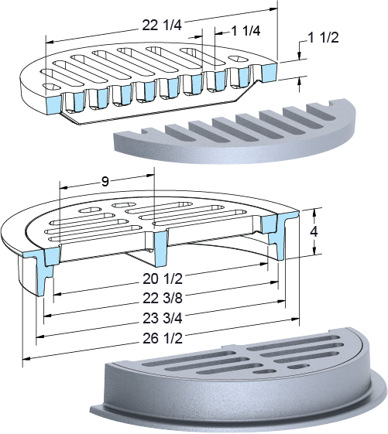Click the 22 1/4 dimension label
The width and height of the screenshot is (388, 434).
click(x=162, y=26)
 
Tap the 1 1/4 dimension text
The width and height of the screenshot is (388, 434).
click(x=246, y=31)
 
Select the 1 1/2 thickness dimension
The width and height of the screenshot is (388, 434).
click(x=324, y=37)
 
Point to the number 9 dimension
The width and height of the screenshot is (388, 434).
click(x=105, y=182)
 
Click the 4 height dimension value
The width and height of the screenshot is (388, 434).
click(x=314, y=231)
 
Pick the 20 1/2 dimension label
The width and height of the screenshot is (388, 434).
click(x=163, y=279)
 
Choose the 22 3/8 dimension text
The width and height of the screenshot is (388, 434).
click(x=163, y=299)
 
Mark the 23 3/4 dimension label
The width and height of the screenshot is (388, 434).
click(x=163, y=318)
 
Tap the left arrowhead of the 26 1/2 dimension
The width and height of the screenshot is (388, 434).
click(x=26, y=359)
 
